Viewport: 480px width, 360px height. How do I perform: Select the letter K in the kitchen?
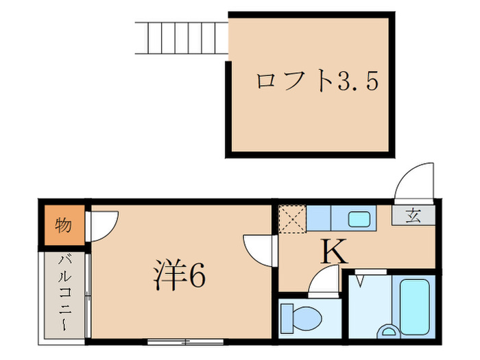pyautogui.click(x=334, y=254)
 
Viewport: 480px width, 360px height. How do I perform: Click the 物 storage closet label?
pyautogui.click(x=64, y=226)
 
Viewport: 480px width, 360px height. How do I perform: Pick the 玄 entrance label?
pyautogui.click(x=413, y=215)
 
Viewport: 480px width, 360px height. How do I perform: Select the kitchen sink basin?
pyautogui.click(x=359, y=219)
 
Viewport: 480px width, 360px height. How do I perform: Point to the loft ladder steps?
pyautogui.click(x=181, y=38)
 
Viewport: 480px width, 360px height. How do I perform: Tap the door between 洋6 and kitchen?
pyautogui.click(x=260, y=248)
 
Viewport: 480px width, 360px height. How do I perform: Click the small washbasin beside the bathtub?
pyautogui.click(x=392, y=332)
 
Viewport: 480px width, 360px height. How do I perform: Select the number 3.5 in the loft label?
pyautogui.click(x=358, y=82)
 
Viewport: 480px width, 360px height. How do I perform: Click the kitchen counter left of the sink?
pyautogui.click(x=318, y=219)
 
